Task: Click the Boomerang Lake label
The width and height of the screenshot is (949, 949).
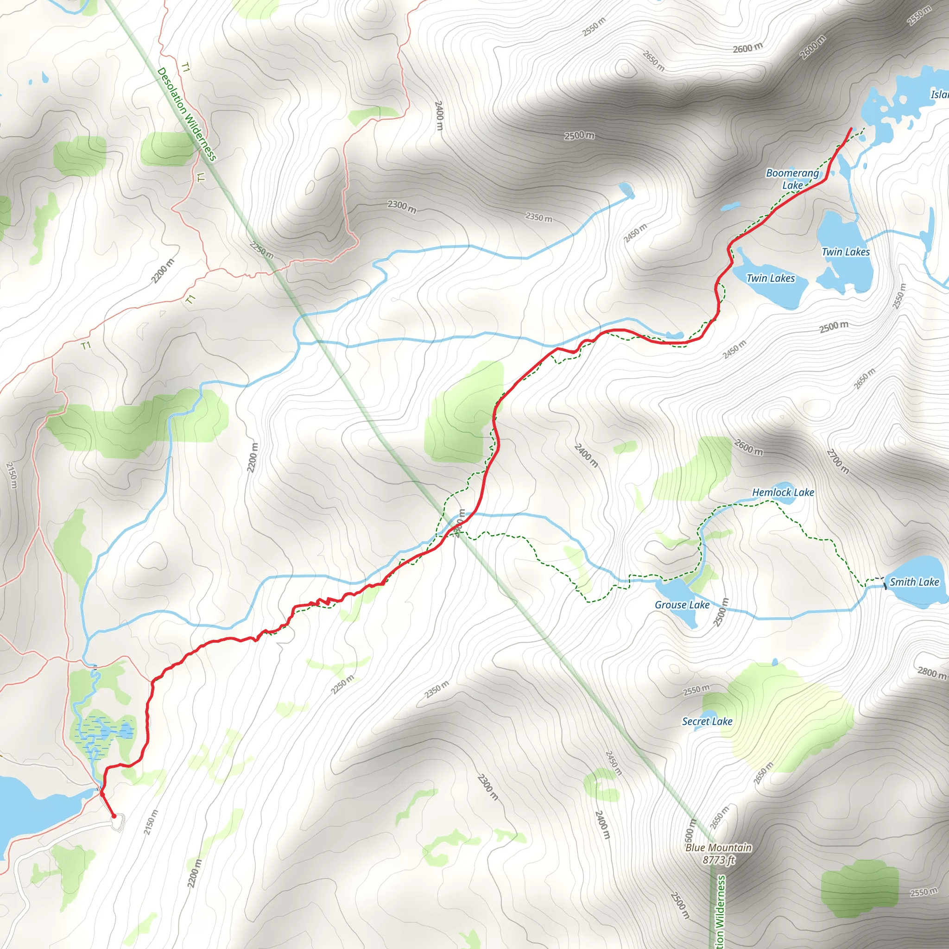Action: point(792,179)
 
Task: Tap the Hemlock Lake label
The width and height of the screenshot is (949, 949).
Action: point(783,492)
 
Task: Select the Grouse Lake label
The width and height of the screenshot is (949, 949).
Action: point(682,605)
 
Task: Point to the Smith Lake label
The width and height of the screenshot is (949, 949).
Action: point(914,582)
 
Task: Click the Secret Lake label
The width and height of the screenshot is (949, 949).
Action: point(707,721)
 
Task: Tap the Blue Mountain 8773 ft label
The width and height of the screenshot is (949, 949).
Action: point(718,853)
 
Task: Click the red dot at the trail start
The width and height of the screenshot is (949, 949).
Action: point(114,816)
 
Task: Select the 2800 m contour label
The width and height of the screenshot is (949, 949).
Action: point(932,672)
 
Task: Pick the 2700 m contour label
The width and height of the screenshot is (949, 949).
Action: point(837,461)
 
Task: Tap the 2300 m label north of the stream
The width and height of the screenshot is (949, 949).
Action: point(402,206)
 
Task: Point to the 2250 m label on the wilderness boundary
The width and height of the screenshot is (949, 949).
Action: point(261,251)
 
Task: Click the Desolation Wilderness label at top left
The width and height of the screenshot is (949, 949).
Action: point(187,114)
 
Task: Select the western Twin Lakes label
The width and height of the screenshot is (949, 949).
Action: point(770,278)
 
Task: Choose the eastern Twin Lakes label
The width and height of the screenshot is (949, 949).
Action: point(846,252)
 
